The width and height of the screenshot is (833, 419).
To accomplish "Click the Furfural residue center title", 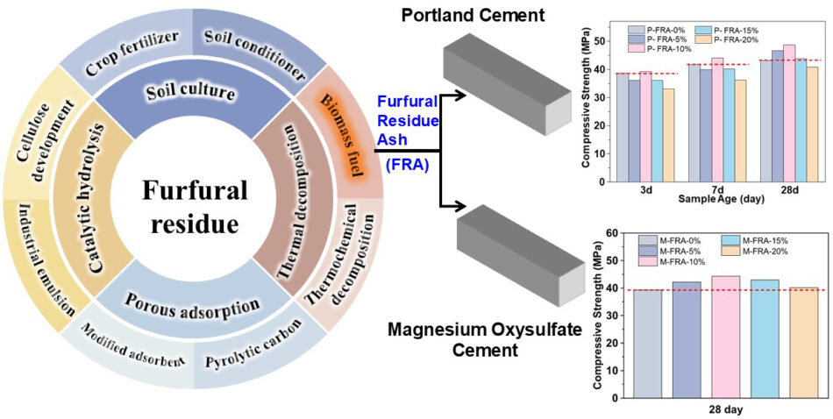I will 193,207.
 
